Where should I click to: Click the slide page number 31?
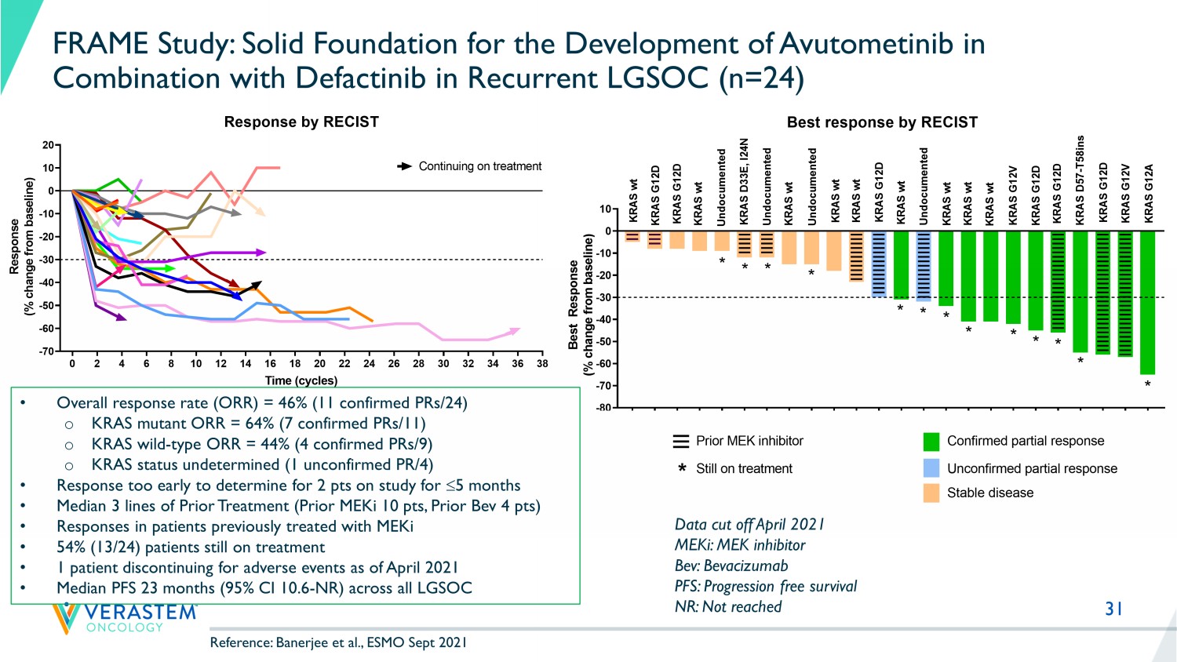coord(1113,609)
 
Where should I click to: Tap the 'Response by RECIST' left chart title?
coord(301,122)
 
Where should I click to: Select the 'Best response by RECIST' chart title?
coord(882,122)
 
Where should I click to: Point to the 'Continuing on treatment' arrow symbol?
coord(405,166)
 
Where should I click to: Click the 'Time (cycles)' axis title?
coord(301,380)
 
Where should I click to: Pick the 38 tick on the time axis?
coord(542,363)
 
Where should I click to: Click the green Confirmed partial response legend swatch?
coord(931,442)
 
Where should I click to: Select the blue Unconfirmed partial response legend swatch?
coord(931,468)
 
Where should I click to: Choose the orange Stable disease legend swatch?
coord(931,493)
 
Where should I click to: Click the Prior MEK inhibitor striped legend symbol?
coord(681,442)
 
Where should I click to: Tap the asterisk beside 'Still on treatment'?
coord(682,468)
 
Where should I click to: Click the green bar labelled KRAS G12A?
coord(1147,302)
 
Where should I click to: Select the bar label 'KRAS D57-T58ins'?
coord(1080,180)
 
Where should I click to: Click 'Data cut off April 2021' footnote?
coord(749,525)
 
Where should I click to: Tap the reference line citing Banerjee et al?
coord(338,642)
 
